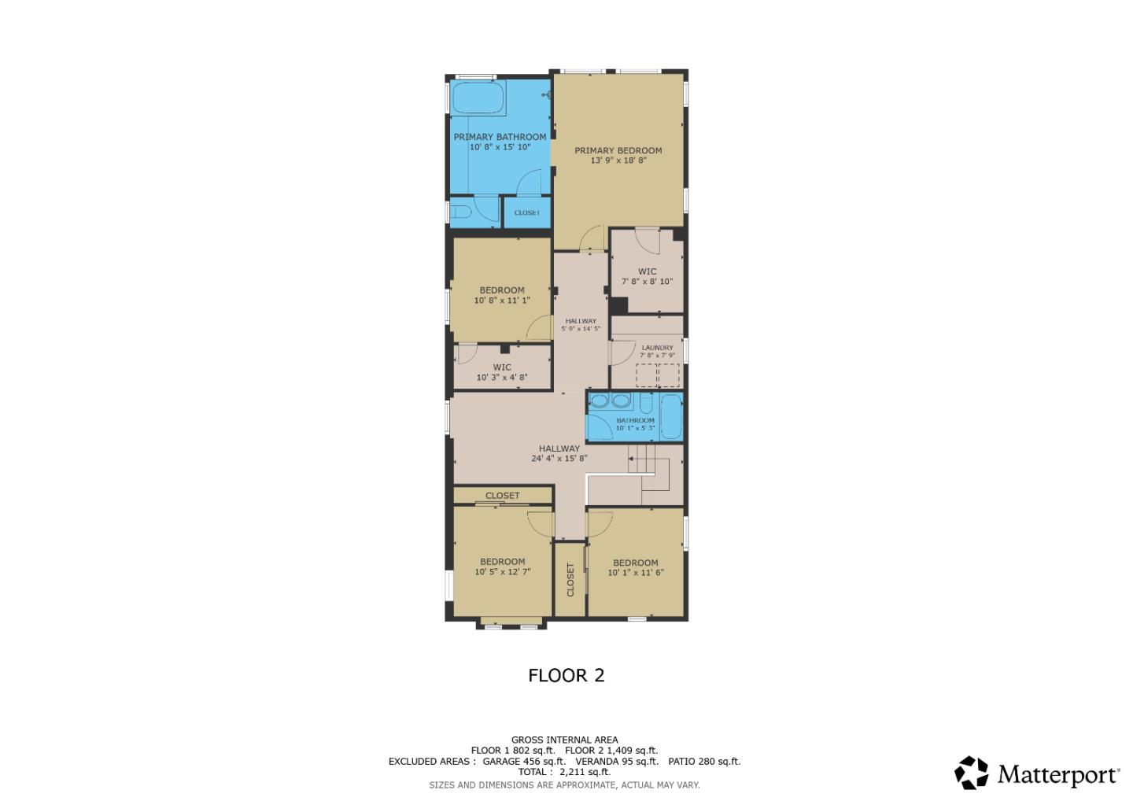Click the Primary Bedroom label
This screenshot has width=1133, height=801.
pos(618,155)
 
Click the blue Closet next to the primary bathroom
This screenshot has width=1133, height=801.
pos(526,212)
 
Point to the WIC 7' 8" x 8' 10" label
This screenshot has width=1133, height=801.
pos(647,276)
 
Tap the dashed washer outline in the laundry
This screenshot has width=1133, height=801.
pos(647,375)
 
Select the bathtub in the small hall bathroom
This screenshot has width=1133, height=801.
pos(671,417)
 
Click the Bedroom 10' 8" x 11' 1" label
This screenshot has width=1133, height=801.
pos(501,295)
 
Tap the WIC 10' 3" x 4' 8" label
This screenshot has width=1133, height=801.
pos(501,372)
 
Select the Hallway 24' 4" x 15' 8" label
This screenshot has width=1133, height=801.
pos(559,453)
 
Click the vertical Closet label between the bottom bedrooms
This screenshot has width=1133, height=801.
pos(570,580)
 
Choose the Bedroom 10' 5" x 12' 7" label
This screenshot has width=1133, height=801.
pos(502,567)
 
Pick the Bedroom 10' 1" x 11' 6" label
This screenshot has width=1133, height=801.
pos(635,567)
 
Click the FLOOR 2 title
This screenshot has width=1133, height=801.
pos(566,675)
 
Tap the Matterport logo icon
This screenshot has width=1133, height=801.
pos(972,773)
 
